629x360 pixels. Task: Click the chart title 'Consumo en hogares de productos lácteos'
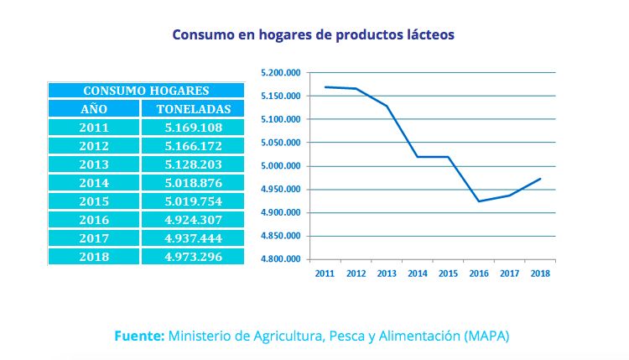click(x=314, y=35)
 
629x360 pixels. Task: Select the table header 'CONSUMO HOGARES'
click(x=146, y=91)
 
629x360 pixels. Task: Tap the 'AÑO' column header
click(x=94, y=109)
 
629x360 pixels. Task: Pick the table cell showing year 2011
click(x=94, y=128)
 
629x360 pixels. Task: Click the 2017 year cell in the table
click(x=94, y=239)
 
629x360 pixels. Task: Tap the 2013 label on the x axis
click(x=387, y=273)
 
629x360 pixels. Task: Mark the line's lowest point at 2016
click(x=479, y=201)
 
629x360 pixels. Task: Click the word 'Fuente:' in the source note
click(x=139, y=335)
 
